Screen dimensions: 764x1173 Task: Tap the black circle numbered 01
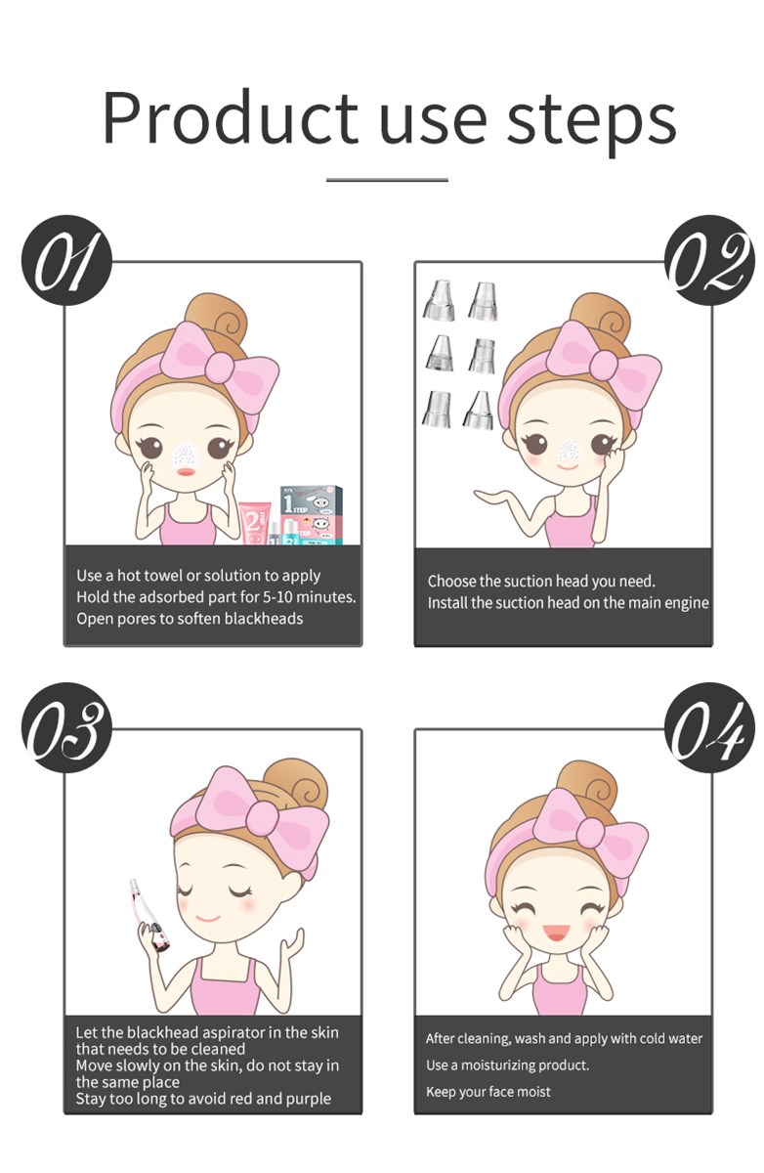point(66,260)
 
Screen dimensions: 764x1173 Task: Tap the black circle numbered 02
point(709,260)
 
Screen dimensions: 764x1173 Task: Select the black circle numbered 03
point(66,728)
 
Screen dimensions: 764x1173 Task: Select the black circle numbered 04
point(709,728)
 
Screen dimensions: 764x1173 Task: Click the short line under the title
point(387,180)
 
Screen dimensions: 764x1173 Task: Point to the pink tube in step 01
point(256,523)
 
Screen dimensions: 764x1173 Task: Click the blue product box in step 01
point(312,515)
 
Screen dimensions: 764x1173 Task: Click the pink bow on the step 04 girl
point(591,830)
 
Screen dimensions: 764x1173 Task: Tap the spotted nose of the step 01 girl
point(186,454)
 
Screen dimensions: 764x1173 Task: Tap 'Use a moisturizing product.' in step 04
point(507,1064)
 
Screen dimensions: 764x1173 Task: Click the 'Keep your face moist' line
point(488,1091)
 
